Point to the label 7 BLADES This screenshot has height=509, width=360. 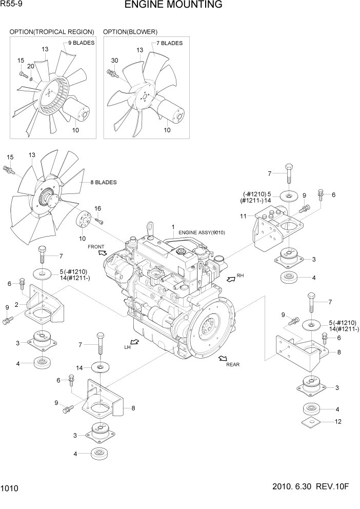pyautogui.click(x=169, y=43)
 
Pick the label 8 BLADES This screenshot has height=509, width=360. pyautogui.click(x=103, y=182)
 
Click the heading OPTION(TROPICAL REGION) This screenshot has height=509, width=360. pyautogui.click(x=52, y=32)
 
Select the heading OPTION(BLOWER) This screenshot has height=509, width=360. pyautogui.click(x=130, y=32)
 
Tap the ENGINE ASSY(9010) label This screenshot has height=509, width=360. pyautogui.click(x=202, y=232)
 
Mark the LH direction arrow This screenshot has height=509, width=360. pyautogui.click(x=135, y=342)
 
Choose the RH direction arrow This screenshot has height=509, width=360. pyautogui.click(x=230, y=279)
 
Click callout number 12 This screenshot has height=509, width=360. pyautogui.click(x=337, y=422)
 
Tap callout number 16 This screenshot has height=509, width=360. pyautogui.click(x=97, y=208)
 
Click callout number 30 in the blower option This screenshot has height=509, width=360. pyautogui.click(x=114, y=61)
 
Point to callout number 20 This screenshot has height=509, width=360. pyautogui.click(x=31, y=66)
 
